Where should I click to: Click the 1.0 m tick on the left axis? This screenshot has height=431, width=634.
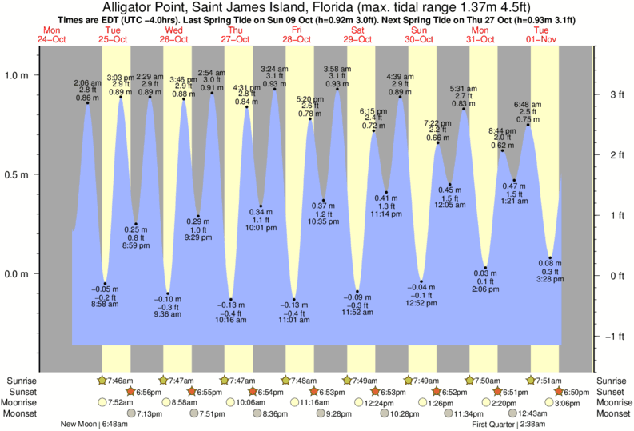(17, 75)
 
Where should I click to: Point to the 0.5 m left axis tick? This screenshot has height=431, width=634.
(17, 174)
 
